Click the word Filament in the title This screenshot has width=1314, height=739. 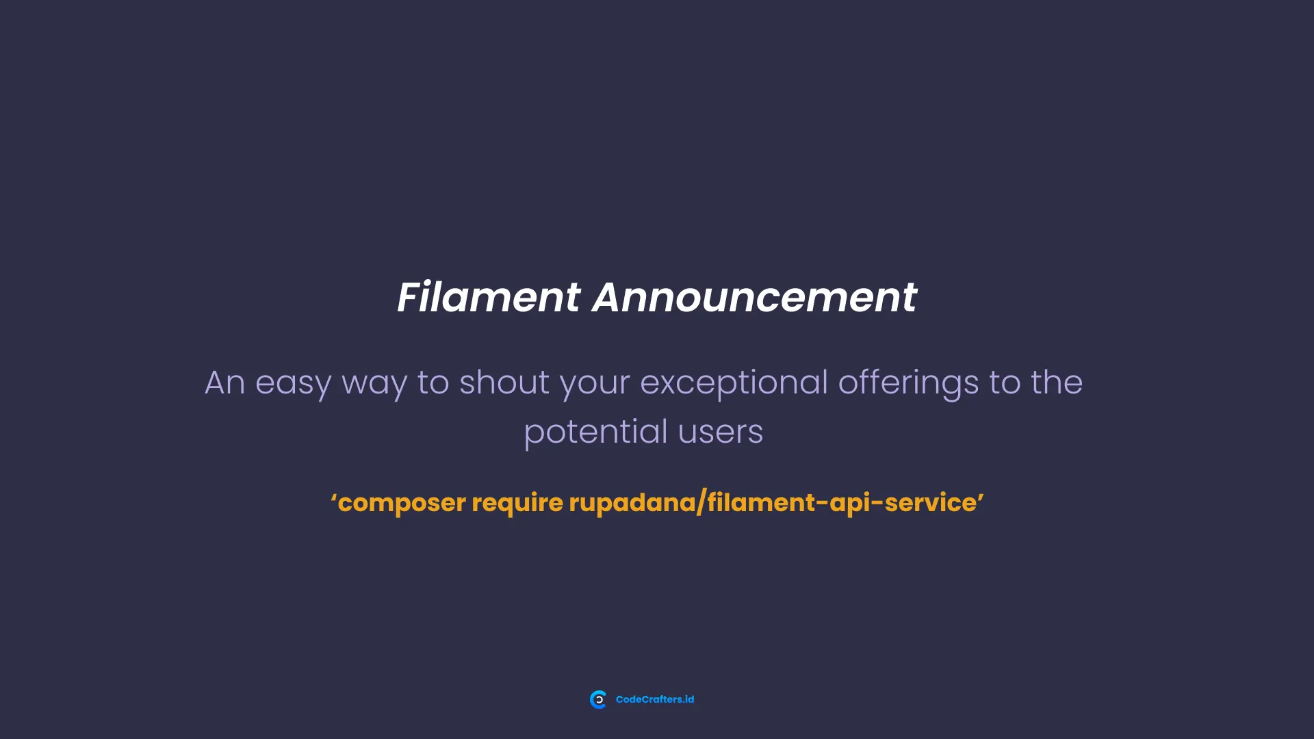click(x=489, y=298)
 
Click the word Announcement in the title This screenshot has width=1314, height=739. click(x=754, y=298)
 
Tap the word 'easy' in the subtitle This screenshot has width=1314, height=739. click(x=293, y=383)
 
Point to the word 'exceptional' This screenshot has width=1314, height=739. click(x=734, y=383)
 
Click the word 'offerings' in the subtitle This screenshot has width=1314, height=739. click(x=908, y=383)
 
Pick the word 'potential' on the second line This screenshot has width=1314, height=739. click(x=595, y=432)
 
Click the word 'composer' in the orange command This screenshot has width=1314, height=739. click(x=402, y=504)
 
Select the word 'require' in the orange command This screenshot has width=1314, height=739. click(x=517, y=504)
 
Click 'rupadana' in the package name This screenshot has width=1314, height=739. click(x=632, y=504)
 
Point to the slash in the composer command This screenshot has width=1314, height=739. click(x=701, y=504)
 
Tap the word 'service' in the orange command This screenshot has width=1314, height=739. click(x=930, y=503)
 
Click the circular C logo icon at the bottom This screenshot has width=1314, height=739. click(x=598, y=699)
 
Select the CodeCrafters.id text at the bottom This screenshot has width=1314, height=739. click(x=655, y=699)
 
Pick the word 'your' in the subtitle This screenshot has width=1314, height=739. click(x=595, y=383)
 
